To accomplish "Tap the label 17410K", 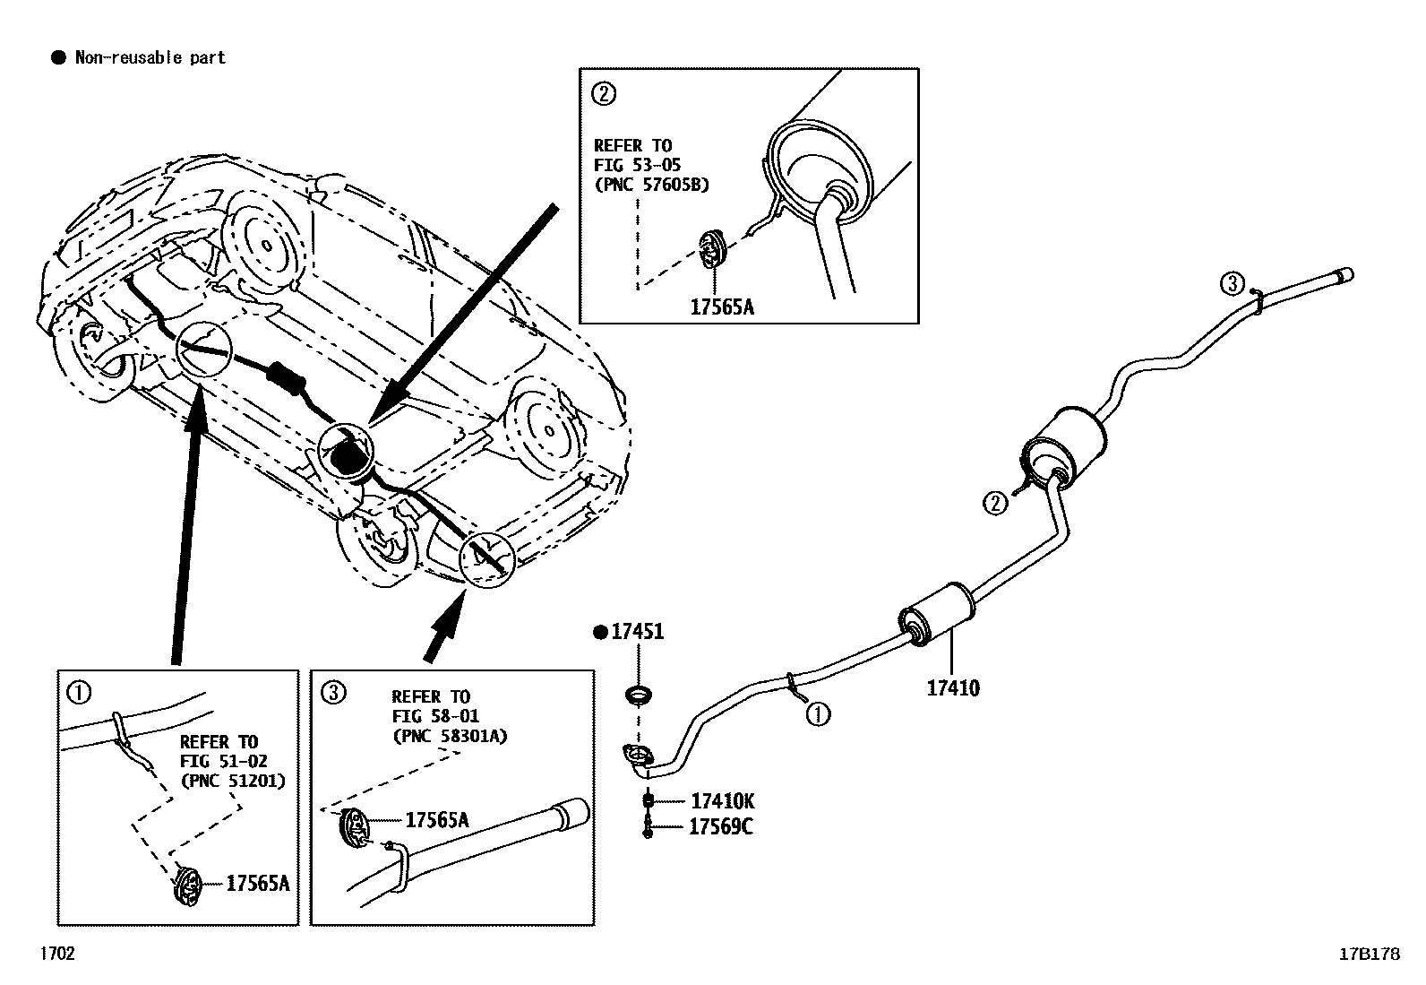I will pyautogui.click(x=722, y=801).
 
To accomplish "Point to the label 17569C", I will pyautogui.click(x=720, y=827).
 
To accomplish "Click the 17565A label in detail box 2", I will pyautogui.click(x=722, y=307).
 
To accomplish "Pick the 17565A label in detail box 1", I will pyautogui.click(x=257, y=884).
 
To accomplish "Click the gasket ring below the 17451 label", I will pyautogui.click(x=638, y=694).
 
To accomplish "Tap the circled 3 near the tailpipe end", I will pyautogui.click(x=1233, y=284).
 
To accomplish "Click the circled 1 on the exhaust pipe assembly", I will pyautogui.click(x=818, y=714).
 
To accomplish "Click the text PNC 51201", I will pyautogui.click(x=233, y=780).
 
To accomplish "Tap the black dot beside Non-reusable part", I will pyautogui.click(x=58, y=58).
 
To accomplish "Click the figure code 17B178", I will pyautogui.click(x=1369, y=955).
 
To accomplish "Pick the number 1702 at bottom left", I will pyautogui.click(x=56, y=954).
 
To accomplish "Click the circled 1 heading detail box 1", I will pyautogui.click(x=79, y=692).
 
